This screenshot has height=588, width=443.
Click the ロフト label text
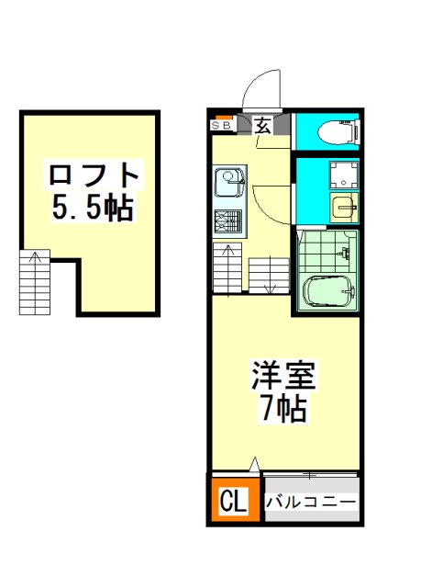[94, 175]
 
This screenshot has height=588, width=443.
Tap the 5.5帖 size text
[93, 208]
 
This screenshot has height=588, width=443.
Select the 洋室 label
[283, 376]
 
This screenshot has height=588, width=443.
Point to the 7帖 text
[283, 408]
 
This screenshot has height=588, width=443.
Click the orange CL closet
[235, 499]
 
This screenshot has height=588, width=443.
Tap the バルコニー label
[310, 502]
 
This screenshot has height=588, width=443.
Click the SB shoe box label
[222, 126]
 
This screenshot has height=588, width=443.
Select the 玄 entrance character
[263, 126]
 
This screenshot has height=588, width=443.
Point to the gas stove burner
[227, 222]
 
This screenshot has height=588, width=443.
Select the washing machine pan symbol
[343, 175]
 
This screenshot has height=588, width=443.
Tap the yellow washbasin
[344, 206]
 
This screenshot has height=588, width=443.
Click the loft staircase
[35, 282]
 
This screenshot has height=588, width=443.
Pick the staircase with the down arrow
[270, 276]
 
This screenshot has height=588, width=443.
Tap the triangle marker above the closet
[255, 464]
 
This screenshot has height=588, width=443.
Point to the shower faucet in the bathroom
[346, 254]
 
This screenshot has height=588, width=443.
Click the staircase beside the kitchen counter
[227, 267]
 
